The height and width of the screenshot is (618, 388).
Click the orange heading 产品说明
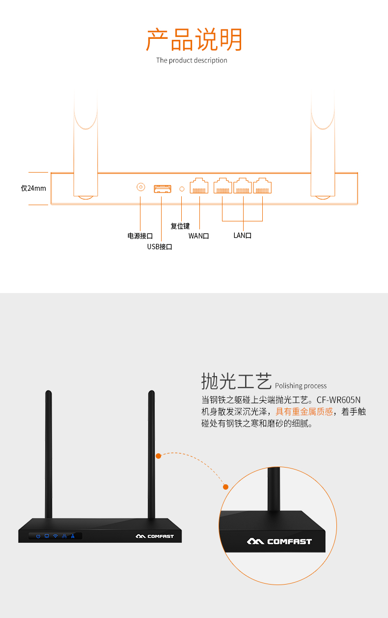(x=194, y=39)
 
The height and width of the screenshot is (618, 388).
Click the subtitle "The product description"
(x=192, y=60)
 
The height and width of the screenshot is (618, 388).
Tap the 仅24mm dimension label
(x=33, y=188)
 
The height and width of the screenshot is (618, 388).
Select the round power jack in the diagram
(x=141, y=187)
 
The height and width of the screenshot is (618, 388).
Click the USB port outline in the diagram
(x=163, y=189)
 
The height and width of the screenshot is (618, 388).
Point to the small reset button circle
(x=182, y=189)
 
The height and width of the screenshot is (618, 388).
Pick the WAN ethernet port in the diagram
(x=199, y=185)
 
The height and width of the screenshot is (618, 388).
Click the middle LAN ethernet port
(x=243, y=185)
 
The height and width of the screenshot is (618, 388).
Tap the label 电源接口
(x=140, y=236)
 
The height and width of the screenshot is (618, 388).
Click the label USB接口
(x=160, y=247)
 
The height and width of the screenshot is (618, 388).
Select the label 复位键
(x=180, y=226)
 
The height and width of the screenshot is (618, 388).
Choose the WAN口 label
(x=199, y=236)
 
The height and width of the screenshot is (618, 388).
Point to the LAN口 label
(x=243, y=235)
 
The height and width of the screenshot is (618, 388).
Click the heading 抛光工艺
(x=237, y=382)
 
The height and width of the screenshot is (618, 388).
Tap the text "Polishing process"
(x=301, y=386)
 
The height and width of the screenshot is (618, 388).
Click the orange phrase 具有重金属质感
(x=304, y=412)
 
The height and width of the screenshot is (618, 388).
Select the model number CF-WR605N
(x=338, y=400)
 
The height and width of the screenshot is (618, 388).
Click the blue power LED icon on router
(x=38, y=536)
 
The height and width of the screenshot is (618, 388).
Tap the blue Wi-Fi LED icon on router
(x=55, y=536)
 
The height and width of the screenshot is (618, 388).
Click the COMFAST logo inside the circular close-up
(x=279, y=541)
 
